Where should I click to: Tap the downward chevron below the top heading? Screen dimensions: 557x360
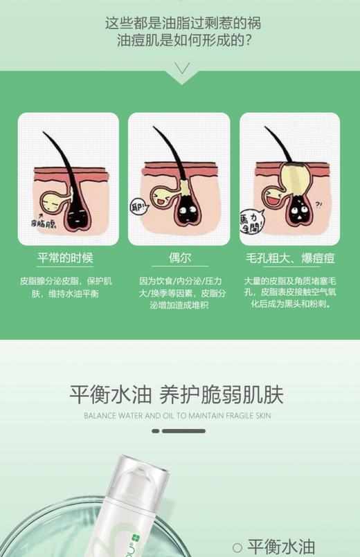(182, 68)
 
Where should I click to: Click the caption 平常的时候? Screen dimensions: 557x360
(65, 259)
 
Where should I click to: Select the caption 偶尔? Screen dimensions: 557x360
(180, 259)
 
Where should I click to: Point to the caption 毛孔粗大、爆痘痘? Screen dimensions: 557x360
(291, 259)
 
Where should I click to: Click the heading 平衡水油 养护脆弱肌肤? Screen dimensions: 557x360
(177, 394)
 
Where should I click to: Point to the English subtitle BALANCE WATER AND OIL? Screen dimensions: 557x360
(177, 416)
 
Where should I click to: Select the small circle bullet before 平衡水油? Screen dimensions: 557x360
(237, 547)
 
